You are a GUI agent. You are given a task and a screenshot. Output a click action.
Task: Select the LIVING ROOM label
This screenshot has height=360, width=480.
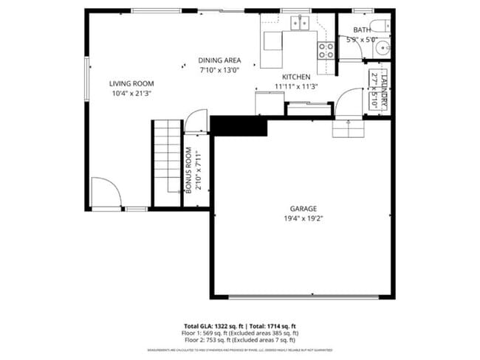tap(131, 83)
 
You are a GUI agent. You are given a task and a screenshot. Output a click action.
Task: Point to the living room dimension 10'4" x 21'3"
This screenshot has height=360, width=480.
tap(131, 94)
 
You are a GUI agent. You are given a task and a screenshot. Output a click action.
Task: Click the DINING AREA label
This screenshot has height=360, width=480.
tap(219, 60)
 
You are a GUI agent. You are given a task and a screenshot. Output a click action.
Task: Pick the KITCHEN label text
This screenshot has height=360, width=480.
tap(295, 77)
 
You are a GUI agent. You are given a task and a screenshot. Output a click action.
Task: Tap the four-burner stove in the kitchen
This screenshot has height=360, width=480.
tap(325, 49)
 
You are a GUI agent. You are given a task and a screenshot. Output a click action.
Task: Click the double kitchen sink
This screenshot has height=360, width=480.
tap(299, 24)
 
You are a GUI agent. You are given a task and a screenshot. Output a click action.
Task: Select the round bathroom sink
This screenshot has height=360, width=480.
tap(382, 49)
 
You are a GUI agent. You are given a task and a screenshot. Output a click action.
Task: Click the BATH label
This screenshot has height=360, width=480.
tap(362, 30)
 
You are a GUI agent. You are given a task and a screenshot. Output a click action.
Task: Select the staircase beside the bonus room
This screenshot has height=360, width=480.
tap(167, 164)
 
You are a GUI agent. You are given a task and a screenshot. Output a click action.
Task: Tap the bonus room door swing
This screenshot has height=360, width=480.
tap(196, 122)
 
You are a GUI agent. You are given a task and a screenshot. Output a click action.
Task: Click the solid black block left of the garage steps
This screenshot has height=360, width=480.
tap(238, 125)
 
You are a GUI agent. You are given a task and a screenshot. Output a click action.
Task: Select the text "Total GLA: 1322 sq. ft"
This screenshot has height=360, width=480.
tap(214, 325)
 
